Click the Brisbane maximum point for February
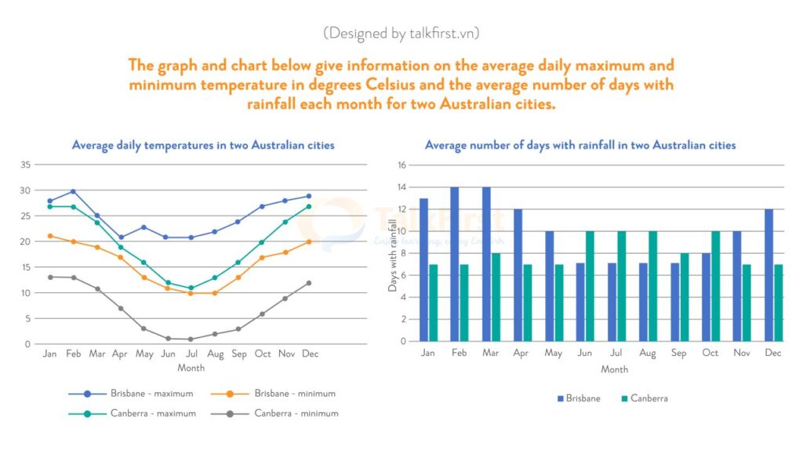[x=73, y=191]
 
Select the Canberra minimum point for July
[x=191, y=339]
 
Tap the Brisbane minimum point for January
[x=50, y=236]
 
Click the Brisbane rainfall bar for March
[x=486, y=264]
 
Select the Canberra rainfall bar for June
[x=590, y=286]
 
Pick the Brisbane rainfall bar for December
[x=768, y=275]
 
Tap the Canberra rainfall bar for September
[x=684, y=297]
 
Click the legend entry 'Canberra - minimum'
[x=296, y=413]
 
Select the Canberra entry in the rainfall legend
[x=649, y=398]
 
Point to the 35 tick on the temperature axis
[x=26, y=165]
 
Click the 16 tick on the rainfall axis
[x=402, y=165]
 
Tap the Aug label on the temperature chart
[x=215, y=354]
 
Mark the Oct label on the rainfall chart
[x=710, y=354]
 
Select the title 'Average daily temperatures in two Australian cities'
[x=203, y=145]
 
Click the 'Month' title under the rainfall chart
[x=614, y=369]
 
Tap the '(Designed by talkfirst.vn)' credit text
[x=401, y=33]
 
